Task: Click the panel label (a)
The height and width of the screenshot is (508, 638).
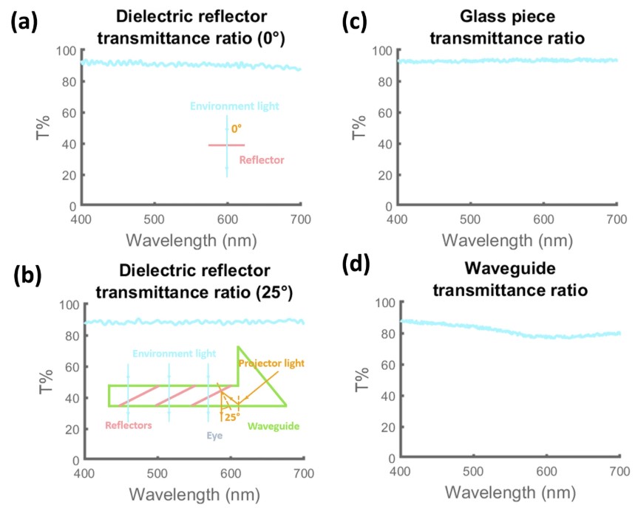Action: tap(29, 23)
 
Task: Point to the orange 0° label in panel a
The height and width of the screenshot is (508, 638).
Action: tap(237, 128)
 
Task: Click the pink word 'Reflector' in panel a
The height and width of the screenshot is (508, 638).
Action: tap(262, 159)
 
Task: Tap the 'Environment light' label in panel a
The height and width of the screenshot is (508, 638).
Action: tap(234, 106)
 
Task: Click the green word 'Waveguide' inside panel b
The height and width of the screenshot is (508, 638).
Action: tap(271, 426)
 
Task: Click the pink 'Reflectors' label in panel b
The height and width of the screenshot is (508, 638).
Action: tap(129, 425)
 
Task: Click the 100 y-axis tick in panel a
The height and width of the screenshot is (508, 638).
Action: tap(67, 51)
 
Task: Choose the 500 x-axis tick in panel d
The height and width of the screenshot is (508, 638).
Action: tap(471, 473)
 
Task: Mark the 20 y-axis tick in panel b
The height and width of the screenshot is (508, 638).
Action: tap(72, 429)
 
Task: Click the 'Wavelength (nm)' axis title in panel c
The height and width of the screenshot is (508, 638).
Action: tap(507, 241)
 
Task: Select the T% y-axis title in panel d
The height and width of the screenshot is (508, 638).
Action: tap(360, 380)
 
